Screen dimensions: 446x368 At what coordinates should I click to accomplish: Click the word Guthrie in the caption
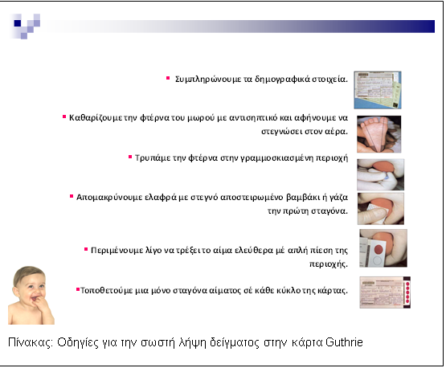pyautogui.click(x=344, y=342)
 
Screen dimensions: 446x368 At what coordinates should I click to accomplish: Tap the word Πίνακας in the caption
pyautogui.click(x=31, y=342)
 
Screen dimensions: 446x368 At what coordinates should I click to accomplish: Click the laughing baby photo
pyautogui.click(x=31, y=295)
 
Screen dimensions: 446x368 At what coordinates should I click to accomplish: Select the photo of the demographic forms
pyautogui.click(x=378, y=90)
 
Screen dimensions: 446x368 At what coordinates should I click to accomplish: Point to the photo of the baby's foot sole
pyautogui.click(x=378, y=134)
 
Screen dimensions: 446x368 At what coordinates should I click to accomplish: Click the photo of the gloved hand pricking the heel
pyautogui.click(x=380, y=174)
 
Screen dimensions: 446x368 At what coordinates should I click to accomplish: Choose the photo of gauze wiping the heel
pyautogui.click(x=381, y=208)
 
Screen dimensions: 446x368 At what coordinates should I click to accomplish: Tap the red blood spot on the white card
pyautogui.click(x=378, y=249)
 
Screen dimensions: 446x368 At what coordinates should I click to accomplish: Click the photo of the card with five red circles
pyautogui.click(x=385, y=292)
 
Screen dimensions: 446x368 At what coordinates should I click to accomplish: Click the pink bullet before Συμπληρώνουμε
pyautogui.click(x=168, y=78)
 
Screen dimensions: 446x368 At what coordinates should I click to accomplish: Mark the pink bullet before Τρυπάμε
pyautogui.click(x=130, y=157)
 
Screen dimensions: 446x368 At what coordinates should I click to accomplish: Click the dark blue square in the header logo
pyautogui.click(x=18, y=23)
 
